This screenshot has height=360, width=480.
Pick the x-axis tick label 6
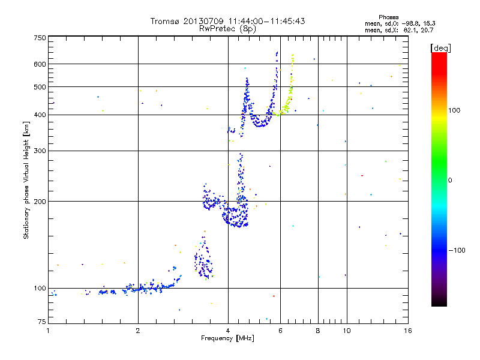[280, 331]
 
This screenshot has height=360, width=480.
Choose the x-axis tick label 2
[138, 331]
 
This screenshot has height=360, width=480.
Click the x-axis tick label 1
[49, 331]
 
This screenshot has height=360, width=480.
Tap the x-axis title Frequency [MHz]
[227, 338]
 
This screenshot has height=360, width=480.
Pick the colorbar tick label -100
[458, 250]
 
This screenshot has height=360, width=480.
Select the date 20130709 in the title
[202, 21]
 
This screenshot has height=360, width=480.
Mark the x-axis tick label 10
[346, 331]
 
